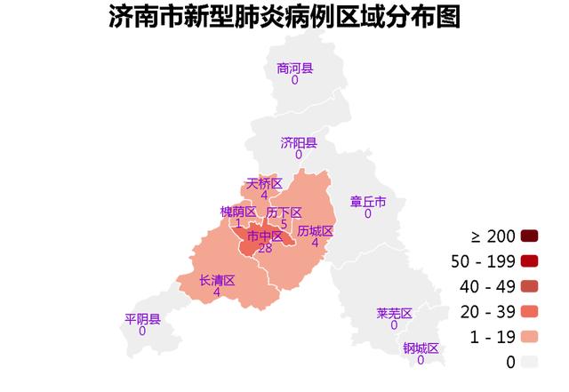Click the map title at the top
[x=284, y=17]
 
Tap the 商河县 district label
[x=294, y=68]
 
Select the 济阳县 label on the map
[x=298, y=142]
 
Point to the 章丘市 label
[x=367, y=202]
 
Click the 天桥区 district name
[x=264, y=183]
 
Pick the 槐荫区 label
[x=237, y=212]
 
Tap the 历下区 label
[x=284, y=212]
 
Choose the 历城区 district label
[x=315, y=231]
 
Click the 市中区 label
[x=264, y=236]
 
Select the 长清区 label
[x=217, y=280]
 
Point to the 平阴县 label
[x=142, y=319]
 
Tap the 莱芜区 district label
[x=394, y=313]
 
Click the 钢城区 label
[x=421, y=348]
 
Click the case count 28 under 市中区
[x=264, y=248]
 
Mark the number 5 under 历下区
[x=284, y=224]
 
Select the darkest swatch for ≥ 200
[x=530, y=236]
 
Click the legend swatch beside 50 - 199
[x=530, y=260]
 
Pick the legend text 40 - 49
[x=483, y=286]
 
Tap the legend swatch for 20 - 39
[x=530, y=311]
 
